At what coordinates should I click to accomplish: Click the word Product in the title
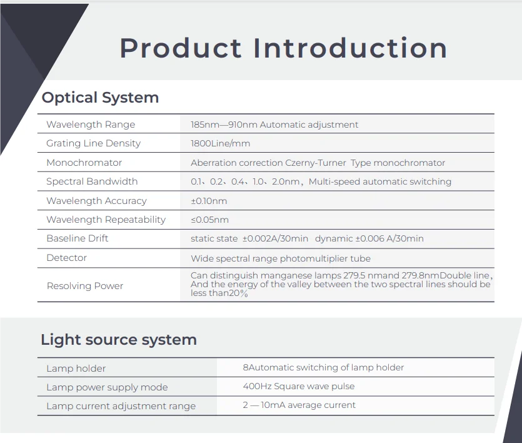pyautogui.click(x=180, y=48)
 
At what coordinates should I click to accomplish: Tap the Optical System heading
pyautogui.click(x=100, y=98)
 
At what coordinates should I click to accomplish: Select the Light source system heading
pyautogui.click(x=119, y=340)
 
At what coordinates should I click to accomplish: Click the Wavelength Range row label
pyautogui.click(x=91, y=125)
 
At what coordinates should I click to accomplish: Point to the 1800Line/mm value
pyautogui.click(x=220, y=143)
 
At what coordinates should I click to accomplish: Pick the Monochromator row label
pyautogui.click(x=84, y=163)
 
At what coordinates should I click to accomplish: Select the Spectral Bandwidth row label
pyautogui.click(x=92, y=181)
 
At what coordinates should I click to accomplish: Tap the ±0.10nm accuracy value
pyautogui.click(x=209, y=201)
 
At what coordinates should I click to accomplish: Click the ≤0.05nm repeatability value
pyautogui.click(x=209, y=220)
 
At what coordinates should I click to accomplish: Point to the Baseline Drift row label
pyautogui.click(x=78, y=238)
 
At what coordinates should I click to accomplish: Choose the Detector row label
pyautogui.click(x=67, y=258)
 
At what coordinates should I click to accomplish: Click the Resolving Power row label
pyautogui.click(x=85, y=286)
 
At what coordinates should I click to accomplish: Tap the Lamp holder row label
pyautogui.click(x=76, y=369)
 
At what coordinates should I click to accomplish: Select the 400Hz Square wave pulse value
pyautogui.click(x=298, y=386)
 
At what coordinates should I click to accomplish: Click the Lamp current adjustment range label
pyautogui.click(x=121, y=406)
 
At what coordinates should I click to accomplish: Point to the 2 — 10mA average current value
pyautogui.click(x=299, y=405)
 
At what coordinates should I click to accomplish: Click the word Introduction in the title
pyautogui.click(x=350, y=48)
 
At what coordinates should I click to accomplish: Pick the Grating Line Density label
pyautogui.click(x=94, y=143)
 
